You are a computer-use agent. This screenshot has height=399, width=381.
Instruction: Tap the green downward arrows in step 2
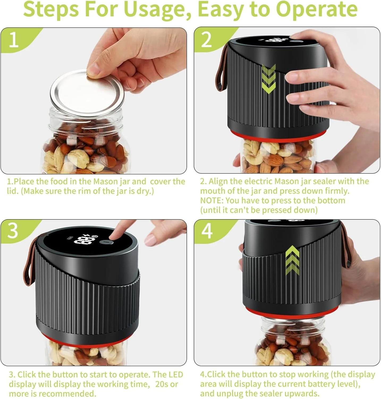269,79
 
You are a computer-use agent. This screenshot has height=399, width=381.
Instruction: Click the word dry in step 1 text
145,191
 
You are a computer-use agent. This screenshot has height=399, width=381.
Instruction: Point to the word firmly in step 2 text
337,191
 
